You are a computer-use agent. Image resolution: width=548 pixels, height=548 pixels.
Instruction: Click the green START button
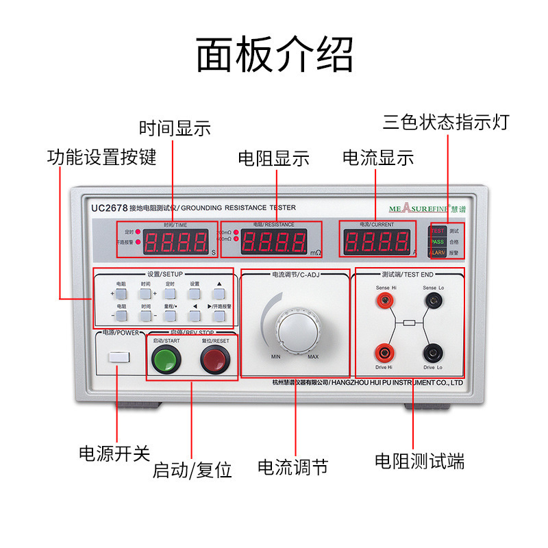point(164,358)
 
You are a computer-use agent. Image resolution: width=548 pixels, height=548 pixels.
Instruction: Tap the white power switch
point(119,358)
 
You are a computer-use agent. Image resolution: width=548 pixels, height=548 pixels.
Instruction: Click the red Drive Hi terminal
point(382,353)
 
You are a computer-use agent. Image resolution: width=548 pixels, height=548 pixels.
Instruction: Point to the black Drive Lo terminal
point(433,353)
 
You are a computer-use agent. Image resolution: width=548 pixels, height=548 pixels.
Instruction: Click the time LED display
point(176,242)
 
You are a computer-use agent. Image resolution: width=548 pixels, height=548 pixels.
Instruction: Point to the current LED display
point(375,242)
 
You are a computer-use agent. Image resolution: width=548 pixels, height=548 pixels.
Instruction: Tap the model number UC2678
point(110,207)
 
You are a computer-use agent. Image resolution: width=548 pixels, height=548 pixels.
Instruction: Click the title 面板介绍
point(275,55)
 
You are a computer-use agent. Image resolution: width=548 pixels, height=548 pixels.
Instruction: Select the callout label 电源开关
point(114,453)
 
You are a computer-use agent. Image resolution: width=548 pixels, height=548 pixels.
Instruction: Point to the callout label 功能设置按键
point(101,157)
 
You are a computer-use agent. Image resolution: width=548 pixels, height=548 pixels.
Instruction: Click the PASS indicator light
point(437,242)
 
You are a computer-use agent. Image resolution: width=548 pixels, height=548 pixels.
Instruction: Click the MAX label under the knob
point(313,357)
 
